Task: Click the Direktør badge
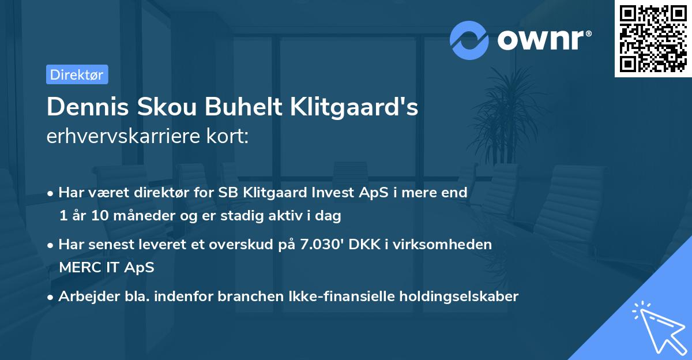coord(77,74)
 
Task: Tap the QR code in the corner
coord(653,38)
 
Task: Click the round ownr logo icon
coord(469,40)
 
